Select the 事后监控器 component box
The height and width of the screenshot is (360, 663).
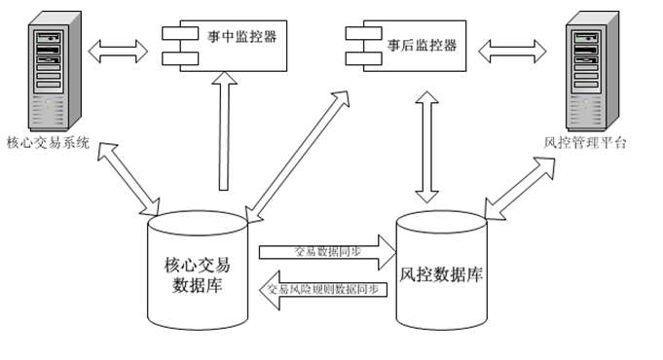409,45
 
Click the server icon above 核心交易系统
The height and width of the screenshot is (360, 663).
45,72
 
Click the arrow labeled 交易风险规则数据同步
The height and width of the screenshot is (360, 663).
325,289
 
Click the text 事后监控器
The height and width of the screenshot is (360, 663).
422,44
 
